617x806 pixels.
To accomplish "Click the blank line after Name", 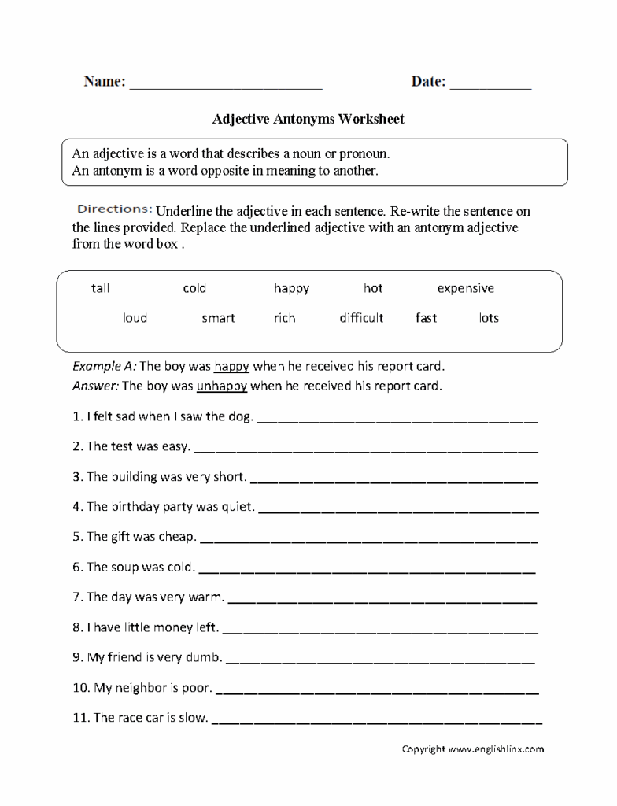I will [x=226, y=85].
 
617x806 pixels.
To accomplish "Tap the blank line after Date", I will [x=490, y=85].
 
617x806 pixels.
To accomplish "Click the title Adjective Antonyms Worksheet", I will [x=308, y=120].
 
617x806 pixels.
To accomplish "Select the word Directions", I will [x=114, y=209].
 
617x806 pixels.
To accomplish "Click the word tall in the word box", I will [x=100, y=288].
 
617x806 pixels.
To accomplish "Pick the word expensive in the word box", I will [x=465, y=288].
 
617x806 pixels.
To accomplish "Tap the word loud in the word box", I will [x=135, y=318].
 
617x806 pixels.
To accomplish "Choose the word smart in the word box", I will [x=218, y=318].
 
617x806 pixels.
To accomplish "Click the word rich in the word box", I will [x=285, y=318].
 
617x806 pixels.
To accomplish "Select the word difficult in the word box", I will [x=361, y=318].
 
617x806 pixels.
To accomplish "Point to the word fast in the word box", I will [x=426, y=318].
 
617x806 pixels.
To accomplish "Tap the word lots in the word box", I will [x=489, y=318].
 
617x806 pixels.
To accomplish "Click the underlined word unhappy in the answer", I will [x=222, y=386].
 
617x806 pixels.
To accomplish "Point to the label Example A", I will [x=104, y=367].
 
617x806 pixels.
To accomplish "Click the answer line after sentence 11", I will [x=377, y=719].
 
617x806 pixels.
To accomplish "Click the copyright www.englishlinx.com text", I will [x=473, y=749].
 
